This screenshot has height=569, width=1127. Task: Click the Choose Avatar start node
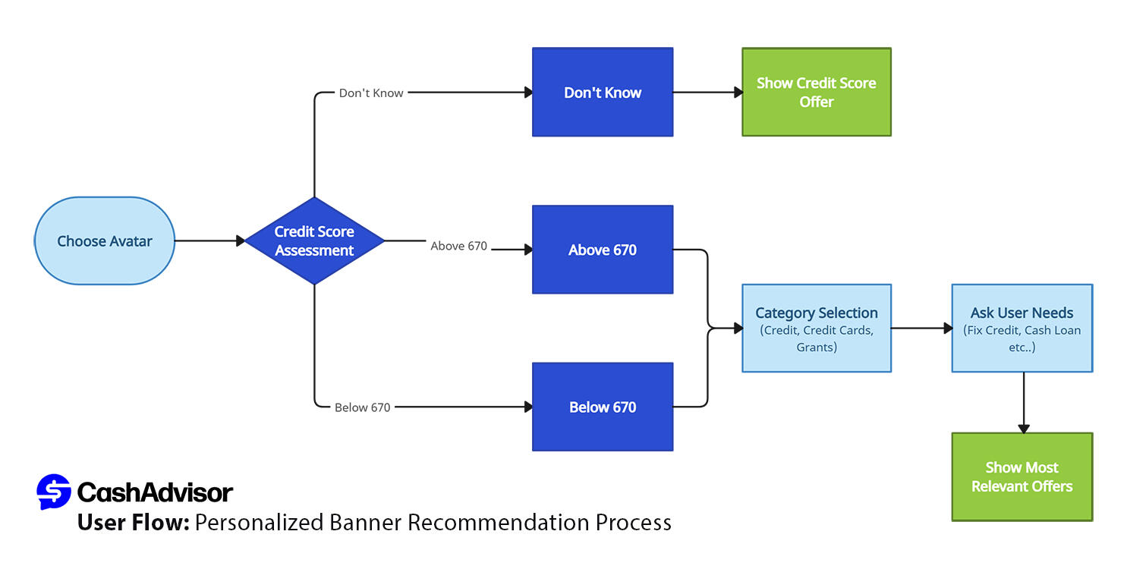pyautogui.click(x=105, y=241)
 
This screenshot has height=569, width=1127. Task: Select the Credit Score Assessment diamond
pyautogui.click(x=314, y=241)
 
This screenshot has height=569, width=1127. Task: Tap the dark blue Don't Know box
pyautogui.click(x=603, y=93)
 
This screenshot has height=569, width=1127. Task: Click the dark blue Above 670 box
pyautogui.click(x=603, y=250)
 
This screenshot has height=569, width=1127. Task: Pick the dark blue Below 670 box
pyautogui.click(x=603, y=407)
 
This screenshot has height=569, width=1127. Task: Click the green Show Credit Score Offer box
pyautogui.click(x=816, y=93)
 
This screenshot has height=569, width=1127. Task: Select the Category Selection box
pyautogui.click(x=816, y=329)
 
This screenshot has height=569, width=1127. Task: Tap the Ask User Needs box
pyautogui.click(x=1022, y=329)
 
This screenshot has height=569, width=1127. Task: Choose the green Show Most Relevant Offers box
pyautogui.click(x=1022, y=477)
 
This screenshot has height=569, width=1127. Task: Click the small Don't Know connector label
pyautogui.click(x=371, y=93)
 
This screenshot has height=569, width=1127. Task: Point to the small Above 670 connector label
pyautogui.click(x=458, y=246)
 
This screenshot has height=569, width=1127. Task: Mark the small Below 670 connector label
pyautogui.click(x=362, y=407)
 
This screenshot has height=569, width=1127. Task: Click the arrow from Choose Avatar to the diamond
pyautogui.click(x=209, y=241)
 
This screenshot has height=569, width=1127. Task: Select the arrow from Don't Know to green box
pyautogui.click(x=707, y=93)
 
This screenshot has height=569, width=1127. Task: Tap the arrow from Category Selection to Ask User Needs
pyautogui.click(x=921, y=329)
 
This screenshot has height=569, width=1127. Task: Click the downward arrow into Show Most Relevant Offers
pyautogui.click(x=1023, y=402)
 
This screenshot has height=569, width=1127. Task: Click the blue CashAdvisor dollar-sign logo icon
pyautogui.click(x=53, y=492)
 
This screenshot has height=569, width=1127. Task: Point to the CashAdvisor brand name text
pyautogui.click(x=155, y=493)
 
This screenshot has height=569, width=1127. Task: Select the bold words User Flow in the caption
pyautogui.click(x=133, y=523)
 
